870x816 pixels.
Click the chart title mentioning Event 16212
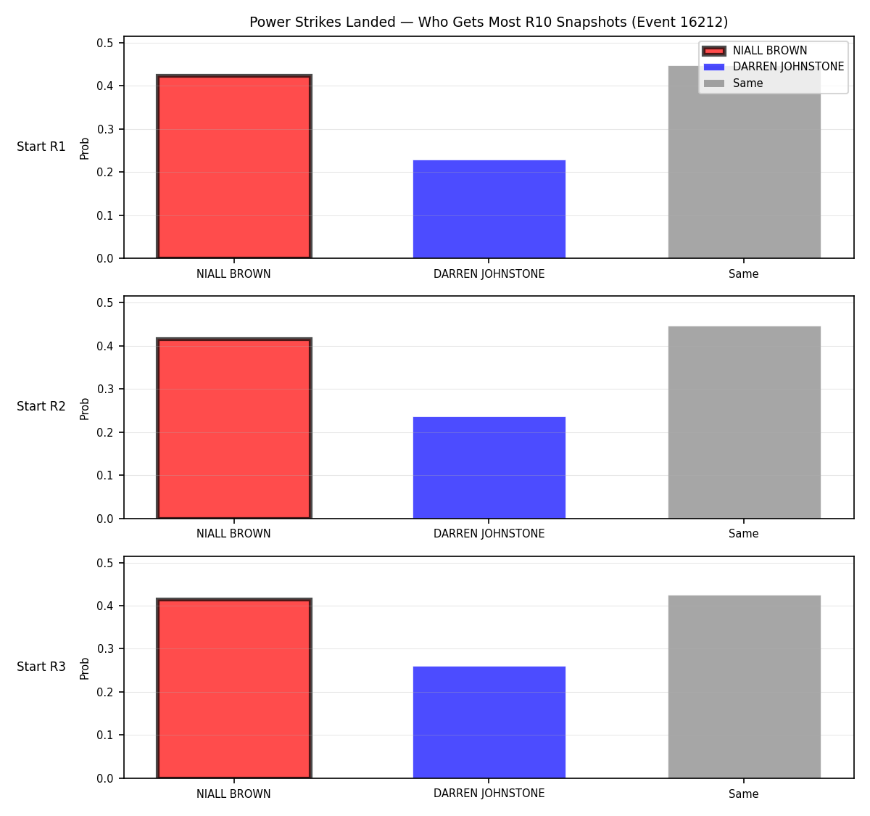point(489,22)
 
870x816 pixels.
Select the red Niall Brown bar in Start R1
point(234,167)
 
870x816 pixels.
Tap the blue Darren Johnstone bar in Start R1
point(489,209)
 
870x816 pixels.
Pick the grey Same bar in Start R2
point(744,422)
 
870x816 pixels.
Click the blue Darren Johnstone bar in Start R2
point(489,467)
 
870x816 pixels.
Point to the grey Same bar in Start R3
point(744,687)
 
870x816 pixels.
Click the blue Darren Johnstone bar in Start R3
point(489,722)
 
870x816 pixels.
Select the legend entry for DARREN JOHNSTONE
point(773,67)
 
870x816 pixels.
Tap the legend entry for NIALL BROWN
point(755,51)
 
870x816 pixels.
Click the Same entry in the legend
point(733,83)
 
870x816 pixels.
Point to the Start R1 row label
point(41,147)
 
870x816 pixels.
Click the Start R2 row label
point(41,406)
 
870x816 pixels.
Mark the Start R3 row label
point(41,667)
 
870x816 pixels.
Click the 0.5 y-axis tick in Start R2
point(104,303)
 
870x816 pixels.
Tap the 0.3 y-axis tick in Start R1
point(104,129)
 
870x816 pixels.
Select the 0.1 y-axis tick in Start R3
point(104,735)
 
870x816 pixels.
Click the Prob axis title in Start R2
point(84,409)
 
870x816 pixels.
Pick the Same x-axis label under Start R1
point(743,274)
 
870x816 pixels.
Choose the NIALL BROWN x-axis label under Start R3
point(233,794)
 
